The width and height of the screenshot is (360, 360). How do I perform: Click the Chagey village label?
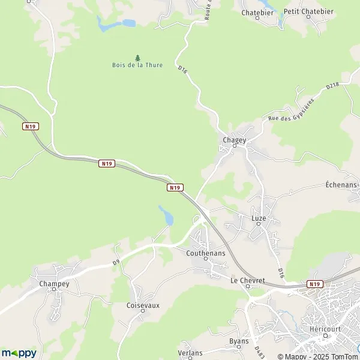tap(235, 140)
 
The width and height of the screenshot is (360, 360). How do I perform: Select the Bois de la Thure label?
tap(137, 65)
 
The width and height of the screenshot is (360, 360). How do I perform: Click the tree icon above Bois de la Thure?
tap(137, 58)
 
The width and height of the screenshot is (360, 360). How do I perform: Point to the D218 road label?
tap(332, 86)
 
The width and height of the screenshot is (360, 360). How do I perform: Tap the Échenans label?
tap(342, 184)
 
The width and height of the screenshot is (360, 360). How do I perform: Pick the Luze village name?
tap(259, 218)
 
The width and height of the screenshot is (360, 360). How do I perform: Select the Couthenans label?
tap(206, 254)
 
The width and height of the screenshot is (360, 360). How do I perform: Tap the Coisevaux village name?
tap(143, 305)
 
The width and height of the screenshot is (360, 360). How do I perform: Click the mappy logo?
tap(19, 353)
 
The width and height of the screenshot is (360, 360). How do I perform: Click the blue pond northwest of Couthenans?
tap(166, 216)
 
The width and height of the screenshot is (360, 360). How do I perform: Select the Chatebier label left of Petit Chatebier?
tap(257, 12)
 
